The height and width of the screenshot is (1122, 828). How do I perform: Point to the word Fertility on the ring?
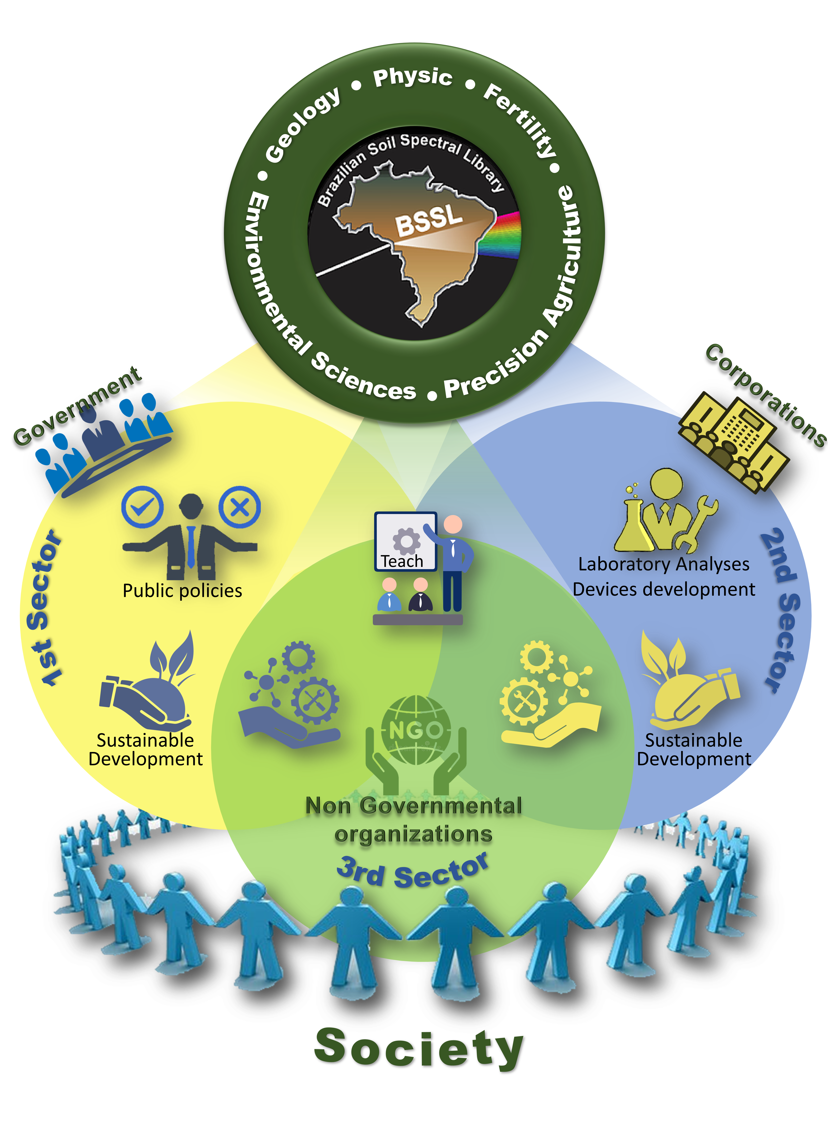point(520,119)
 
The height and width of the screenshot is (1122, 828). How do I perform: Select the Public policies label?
point(182,591)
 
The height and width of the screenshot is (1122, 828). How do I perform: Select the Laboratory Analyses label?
point(664,564)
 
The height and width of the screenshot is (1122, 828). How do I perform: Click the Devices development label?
point(664,589)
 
